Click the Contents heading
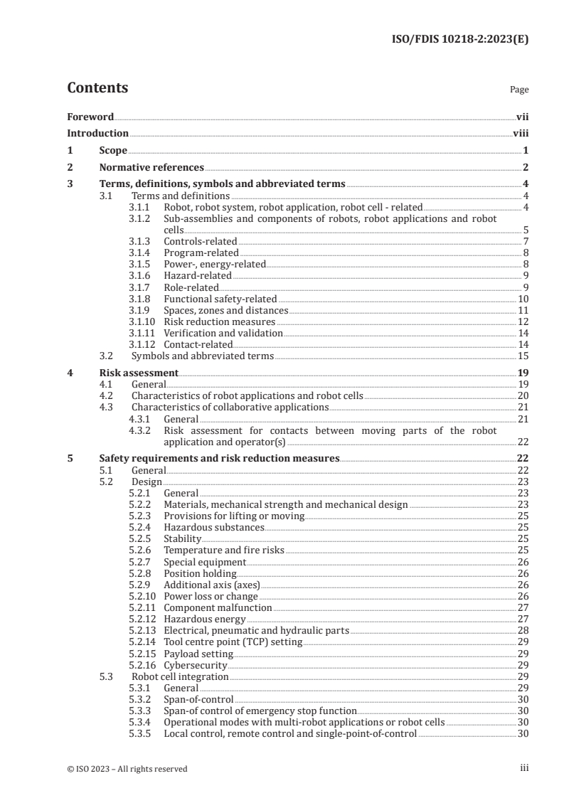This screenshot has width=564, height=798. pos(97,88)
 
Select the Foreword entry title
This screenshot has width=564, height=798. pos(90,116)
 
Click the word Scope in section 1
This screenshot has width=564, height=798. pos(113,151)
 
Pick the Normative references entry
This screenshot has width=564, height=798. pos(151,168)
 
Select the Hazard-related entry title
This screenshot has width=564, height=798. pos(197,276)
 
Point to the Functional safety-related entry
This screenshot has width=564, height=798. pos(220,299)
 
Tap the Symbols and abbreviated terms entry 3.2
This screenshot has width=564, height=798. pos(202,356)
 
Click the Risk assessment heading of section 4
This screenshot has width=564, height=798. pos(139,373)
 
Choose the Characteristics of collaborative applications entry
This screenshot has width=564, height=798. pos(230,407)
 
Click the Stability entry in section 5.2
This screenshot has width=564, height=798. pos(183,539)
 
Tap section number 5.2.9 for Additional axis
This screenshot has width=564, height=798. pos(141,585)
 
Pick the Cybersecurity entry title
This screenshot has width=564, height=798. pos(195,664)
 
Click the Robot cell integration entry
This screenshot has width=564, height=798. pos(181,676)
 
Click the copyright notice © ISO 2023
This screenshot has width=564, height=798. pos(127,769)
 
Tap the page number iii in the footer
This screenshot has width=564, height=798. pos(524,768)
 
